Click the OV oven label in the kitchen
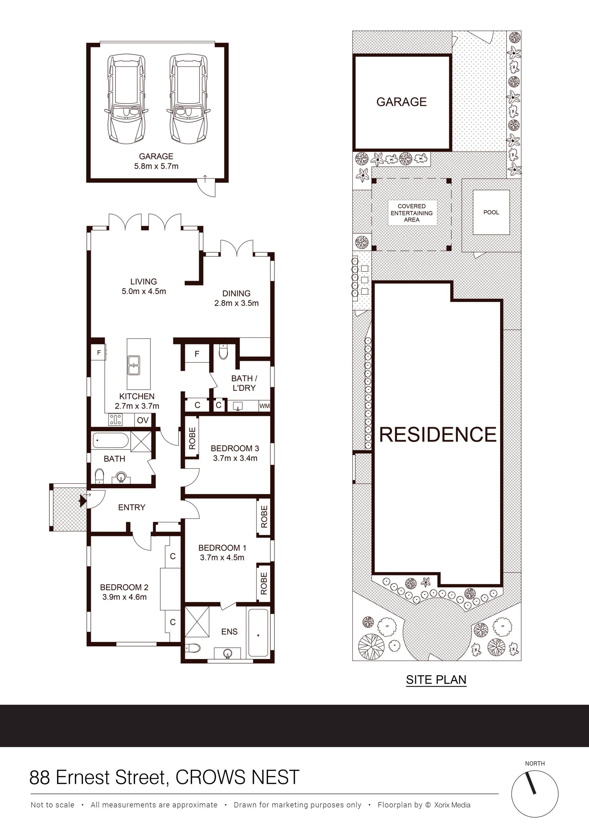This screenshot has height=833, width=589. click(143, 420)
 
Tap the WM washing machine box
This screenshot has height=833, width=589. click(264, 406)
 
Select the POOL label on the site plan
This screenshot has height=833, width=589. click(491, 212)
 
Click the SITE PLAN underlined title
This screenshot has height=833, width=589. click(436, 680)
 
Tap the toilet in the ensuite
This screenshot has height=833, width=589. click(193, 648)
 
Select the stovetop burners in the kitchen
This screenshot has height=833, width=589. click(115, 420)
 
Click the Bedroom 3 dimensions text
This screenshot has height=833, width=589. click(235, 458)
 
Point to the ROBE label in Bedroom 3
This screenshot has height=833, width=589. click(192, 438)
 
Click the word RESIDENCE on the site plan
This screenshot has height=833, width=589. click(438, 435)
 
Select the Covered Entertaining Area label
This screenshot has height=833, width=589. click(412, 213)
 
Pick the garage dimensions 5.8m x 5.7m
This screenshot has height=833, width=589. click(156, 166)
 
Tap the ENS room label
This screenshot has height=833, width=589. click(229, 631)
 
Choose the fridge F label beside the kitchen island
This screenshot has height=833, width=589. click(99, 353)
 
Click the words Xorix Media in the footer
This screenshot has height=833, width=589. click(452, 805)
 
